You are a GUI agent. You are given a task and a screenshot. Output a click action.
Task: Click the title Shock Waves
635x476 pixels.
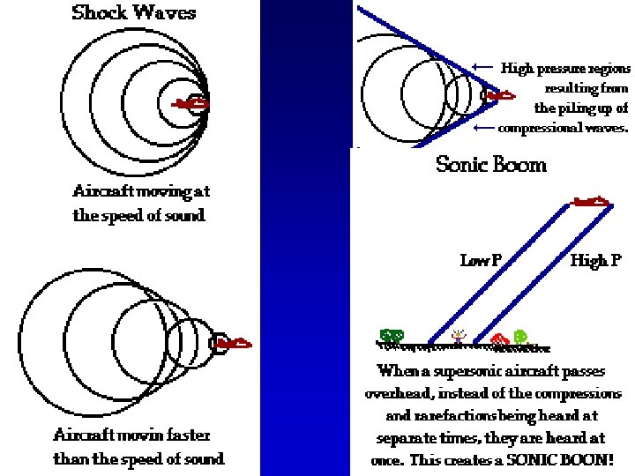pyautogui.click(x=133, y=12)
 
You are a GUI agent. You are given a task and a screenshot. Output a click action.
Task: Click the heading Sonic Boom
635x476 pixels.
pyautogui.click(x=491, y=164)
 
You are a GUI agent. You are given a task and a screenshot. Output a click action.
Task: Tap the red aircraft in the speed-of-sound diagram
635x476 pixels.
pyautogui.click(x=192, y=104)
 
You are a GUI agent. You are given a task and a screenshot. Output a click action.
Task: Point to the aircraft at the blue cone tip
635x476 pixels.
pyautogui.click(x=499, y=95)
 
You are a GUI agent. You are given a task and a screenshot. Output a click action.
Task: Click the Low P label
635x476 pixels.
pyautogui.click(x=481, y=260)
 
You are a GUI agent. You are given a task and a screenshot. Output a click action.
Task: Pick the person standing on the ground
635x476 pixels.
pyautogui.click(x=458, y=336)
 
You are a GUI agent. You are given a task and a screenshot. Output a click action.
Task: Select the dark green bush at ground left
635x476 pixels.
pyautogui.click(x=392, y=336)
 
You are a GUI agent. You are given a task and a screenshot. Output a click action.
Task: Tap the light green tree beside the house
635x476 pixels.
pyautogui.click(x=520, y=336)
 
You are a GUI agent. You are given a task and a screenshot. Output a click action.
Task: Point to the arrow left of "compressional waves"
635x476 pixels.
pyautogui.click(x=483, y=128)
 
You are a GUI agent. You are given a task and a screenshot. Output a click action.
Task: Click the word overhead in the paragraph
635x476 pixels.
pyautogui.click(x=396, y=393)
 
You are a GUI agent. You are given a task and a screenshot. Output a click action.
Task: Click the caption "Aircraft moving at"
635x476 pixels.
pyautogui.click(x=141, y=190)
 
